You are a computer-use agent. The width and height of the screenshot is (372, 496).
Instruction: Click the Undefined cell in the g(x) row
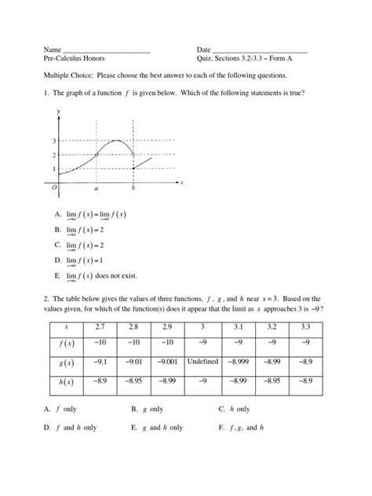(204, 362)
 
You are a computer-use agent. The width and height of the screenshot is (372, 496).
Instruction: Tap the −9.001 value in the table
(169, 362)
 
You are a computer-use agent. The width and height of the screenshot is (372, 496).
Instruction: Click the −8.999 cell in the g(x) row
(238, 362)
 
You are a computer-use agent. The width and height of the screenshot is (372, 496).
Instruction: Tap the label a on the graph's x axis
(96, 189)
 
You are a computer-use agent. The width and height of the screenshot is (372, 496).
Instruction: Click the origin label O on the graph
(54, 188)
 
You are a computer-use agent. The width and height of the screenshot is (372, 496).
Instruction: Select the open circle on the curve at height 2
(96, 155)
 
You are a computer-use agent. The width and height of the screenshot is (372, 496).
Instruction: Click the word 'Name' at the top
(53, 49)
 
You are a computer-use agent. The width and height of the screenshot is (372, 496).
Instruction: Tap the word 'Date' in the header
(204, 49)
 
